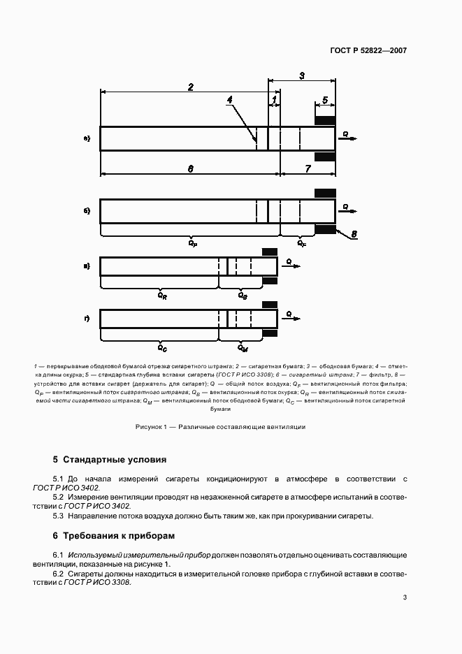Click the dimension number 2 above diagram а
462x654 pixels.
coord(190,87)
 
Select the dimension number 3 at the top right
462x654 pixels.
coord(301,75)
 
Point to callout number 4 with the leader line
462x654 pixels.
coord(229,100)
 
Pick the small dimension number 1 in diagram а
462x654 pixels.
coord(275,100)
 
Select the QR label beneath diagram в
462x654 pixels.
coord(161,296)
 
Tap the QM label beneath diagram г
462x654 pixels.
coord(243,347)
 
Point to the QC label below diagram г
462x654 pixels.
coord(161,347)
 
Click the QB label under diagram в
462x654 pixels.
coord(243,296)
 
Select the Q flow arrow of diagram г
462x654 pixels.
coord(292,317)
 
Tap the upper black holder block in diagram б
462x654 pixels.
coord(325,193)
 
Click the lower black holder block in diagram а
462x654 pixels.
coord(325,157)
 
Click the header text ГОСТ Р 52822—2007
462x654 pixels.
coord(369,51)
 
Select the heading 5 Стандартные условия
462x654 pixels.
coord(110,460)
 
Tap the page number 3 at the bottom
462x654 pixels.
coord(405,597)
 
